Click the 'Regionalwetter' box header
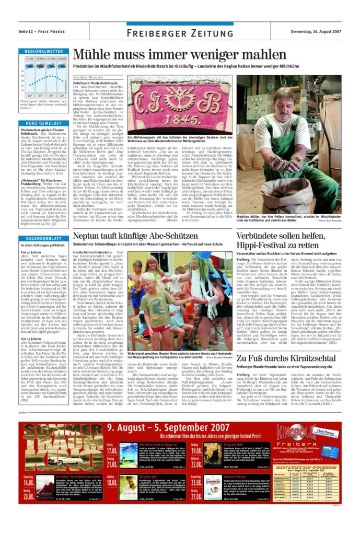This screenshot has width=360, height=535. (x=43, y=51)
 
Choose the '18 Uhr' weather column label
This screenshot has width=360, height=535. (x=61, y=59)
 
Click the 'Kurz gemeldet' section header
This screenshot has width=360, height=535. (x=43, y=123)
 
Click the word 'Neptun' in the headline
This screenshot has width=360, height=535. (x=90, y=237)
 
